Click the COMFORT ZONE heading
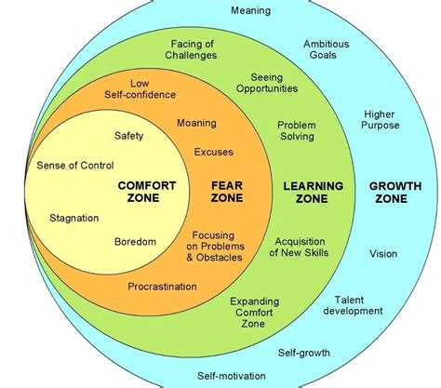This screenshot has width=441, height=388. (146, 193)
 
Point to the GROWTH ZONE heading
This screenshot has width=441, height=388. (394, 193)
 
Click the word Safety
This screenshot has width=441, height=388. (129, 136)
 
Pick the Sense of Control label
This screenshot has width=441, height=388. (75, 166)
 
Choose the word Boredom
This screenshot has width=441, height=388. (135, 242)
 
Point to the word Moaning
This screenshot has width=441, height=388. (195, 122)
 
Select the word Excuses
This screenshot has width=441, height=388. (214, 152)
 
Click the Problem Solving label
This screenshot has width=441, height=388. (299, 130)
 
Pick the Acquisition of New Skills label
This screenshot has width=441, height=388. (301, 248)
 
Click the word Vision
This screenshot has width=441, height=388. (383, 253)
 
